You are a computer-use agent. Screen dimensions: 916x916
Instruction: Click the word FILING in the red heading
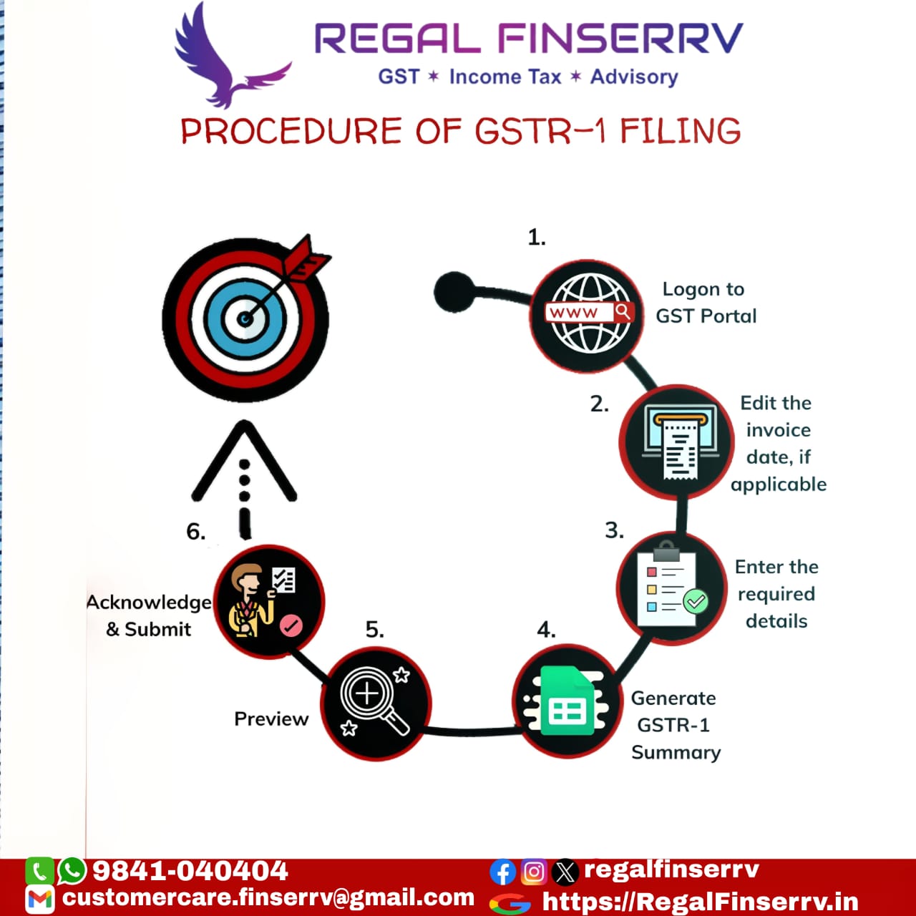[x=680, y=132]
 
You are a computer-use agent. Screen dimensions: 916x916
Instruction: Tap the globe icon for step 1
[x=588, y=314]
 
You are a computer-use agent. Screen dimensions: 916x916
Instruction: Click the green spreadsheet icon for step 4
[x=567, y=702]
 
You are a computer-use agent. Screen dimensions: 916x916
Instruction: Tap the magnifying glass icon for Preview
[x=374, y=702]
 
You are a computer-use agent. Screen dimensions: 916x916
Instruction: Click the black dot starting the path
[x=454, y=292]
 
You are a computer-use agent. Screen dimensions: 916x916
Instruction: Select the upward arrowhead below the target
[x=245, y=451]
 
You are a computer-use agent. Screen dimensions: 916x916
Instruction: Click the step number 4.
[x=546, y=630]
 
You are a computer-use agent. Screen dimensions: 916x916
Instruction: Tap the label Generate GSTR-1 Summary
[x=674, y=725]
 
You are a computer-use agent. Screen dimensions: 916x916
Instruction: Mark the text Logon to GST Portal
[x=705, y=303]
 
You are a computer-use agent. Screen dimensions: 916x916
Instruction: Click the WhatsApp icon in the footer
[x=72, y=871]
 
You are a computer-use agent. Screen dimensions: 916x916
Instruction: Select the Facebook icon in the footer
[x=503, y=872]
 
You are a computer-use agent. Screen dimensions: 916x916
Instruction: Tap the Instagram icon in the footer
[x=534, y=872]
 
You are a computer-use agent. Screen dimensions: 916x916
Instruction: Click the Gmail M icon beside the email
[x=39, y=899]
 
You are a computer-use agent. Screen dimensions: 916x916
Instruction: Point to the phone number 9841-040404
[x=190, y=871]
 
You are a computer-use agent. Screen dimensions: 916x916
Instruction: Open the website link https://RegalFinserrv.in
[x=700, y=902]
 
